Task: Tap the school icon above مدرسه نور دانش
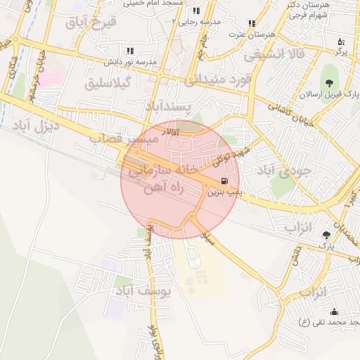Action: (129, 51)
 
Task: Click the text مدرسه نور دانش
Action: (129, 61)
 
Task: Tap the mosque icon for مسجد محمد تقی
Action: (334, 311)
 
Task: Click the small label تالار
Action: (171, 131)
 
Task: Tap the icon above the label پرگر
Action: (341, 41)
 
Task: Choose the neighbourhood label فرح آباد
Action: (90, 22)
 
